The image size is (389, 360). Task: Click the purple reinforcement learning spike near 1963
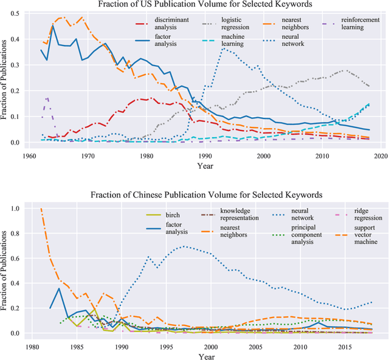[47, 98]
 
